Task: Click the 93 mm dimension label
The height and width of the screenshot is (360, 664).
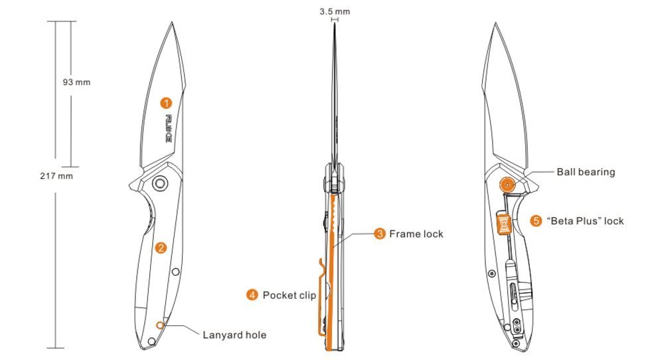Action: pyautogui.click(x=76, y=82)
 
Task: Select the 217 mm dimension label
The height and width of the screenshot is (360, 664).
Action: pyautogui.click(x=56, y=176)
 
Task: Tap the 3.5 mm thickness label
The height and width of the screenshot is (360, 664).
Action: pyautogui.click(x=335, y=11)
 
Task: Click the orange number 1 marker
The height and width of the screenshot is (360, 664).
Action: pyautogui.click(x=166, y=103)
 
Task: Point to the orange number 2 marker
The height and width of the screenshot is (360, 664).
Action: pyautogui.click(x=161, y=248)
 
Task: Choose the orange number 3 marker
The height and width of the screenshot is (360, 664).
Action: pyautogui.click(x=380, y=234)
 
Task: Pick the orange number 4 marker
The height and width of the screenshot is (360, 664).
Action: pyautogui.click(x=252, y=295)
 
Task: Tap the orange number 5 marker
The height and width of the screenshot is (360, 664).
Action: pyautogui.click(x=536, y=221)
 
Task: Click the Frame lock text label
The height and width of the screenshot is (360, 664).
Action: pyautogui.click(x=416, y=234)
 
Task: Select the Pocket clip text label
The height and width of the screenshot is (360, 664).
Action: pyautogui.click(x=290, y=295)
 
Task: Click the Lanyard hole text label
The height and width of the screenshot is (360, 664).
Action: pyautogui.click(x=234, y=335)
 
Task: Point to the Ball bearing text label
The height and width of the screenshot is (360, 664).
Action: pyautogui.click(x=586, y=172)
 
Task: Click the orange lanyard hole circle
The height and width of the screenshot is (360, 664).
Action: pyautogui.click(x=161, y=325)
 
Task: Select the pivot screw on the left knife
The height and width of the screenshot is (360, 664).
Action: pyautogui.click(x=159, y=183)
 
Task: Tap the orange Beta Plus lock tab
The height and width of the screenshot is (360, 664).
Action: pyautogui.click(x=504, y=224)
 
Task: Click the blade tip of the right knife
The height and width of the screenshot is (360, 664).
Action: pyautogui.click(x=496, y=24)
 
